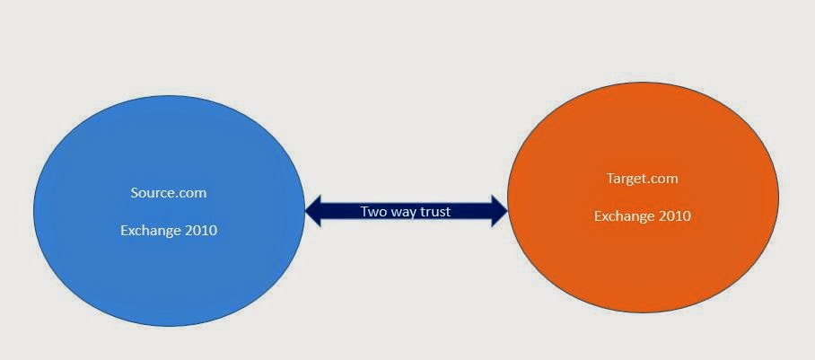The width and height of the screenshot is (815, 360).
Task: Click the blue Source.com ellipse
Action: click(169, 211)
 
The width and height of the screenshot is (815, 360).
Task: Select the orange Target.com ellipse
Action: click(643, 198)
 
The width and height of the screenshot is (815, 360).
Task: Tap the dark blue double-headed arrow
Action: click(406, 211)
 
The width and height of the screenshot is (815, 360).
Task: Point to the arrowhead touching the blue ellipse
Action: click(313, 211)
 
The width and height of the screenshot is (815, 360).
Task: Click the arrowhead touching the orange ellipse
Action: click(499, 211)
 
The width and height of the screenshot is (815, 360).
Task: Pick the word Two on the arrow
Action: click(371, 211)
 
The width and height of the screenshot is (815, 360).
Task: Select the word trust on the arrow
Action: click(434, 211)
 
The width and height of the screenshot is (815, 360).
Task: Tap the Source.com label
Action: click(169, 192)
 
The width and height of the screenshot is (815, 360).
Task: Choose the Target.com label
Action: click(643, 179)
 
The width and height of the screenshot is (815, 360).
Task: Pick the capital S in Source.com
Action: click(135, 192)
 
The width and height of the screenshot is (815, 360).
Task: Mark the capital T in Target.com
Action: click(611, 178)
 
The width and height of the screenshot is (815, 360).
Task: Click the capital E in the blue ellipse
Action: click(125, 230)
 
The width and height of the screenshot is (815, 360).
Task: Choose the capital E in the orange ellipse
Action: click(599, 215)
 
